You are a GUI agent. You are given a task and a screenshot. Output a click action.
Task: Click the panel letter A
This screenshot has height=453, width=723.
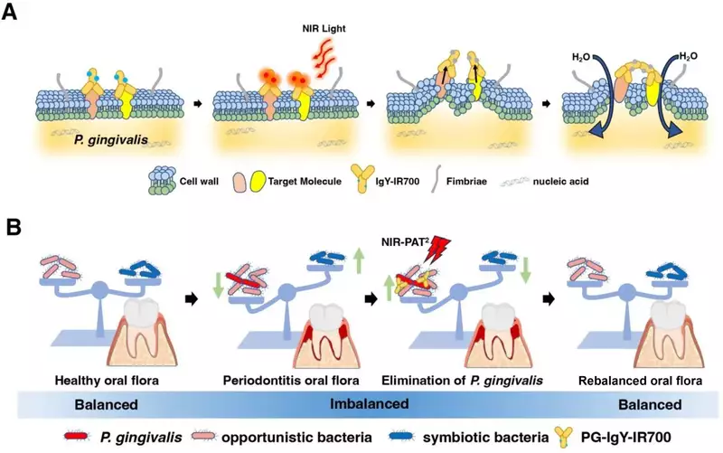click(10, 12)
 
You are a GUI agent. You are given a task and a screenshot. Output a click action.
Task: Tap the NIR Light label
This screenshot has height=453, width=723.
click(324, 29)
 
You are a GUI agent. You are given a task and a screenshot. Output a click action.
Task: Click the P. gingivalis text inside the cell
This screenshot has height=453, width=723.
click(110, 139)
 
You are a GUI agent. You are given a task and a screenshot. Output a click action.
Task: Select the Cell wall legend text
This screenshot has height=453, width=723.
click(199, 182)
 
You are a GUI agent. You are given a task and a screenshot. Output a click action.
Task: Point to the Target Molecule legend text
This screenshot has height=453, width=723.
click(305, 182)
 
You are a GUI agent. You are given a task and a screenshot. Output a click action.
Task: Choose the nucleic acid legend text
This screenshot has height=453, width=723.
click(560, 182)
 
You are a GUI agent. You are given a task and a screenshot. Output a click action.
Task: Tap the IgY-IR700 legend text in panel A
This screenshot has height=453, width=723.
click(398, 182)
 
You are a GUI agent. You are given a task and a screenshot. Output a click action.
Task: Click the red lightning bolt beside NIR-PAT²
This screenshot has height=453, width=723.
click(436, 248)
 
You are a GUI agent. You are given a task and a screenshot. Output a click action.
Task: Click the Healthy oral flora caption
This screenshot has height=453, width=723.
click(107, 381)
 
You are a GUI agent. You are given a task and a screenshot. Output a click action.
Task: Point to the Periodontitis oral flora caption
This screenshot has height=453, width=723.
click(291, 381)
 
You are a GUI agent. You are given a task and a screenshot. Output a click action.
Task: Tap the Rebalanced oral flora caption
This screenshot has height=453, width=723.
click(640, 381)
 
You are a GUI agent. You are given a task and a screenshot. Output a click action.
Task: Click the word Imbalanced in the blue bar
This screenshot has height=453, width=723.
click(370, 403)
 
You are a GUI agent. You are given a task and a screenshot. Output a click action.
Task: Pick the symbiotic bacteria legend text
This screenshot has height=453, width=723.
click(485, 437)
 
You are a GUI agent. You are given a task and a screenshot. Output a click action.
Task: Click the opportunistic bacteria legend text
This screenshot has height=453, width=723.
click(296, 437)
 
